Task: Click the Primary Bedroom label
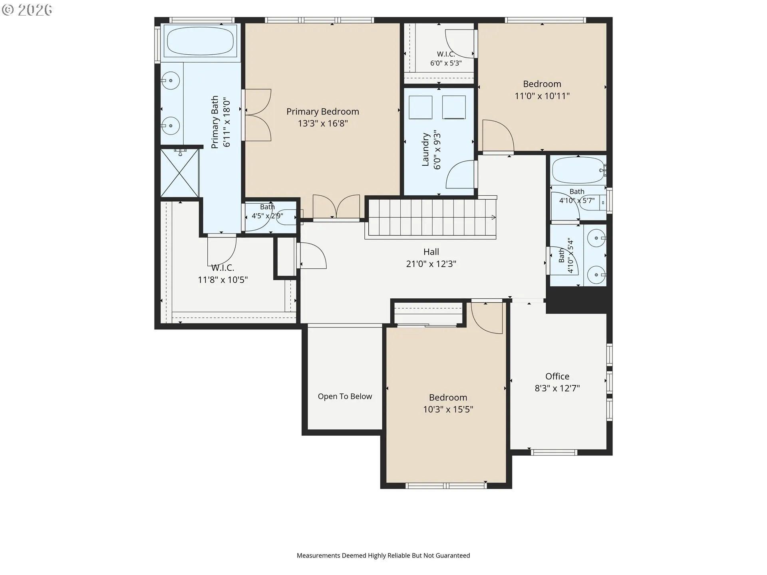pyautogui.click(x=323, y=112)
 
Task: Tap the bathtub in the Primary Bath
pyautogui.click(x=200, y=41)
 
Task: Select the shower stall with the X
pyautogui.click(x=179, y=172)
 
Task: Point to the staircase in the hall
pyautogui.click(x=431, y=218)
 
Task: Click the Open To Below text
pyautogui.click(x=345, y=397)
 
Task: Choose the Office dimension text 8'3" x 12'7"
pyautogui.click(x=557, y=388)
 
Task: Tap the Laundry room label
pyautogui.click(x=425, y=149)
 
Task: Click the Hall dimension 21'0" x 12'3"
pyautogui.click(x=431, y=264)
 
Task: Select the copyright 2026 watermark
pyautogui.click(x=27, y=10)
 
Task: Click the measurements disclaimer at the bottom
pyautogui.click(x=383, y=555)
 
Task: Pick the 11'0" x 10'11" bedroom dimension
pyautogui.click(x=542, y=96)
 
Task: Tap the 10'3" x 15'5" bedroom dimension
pyautogui.click(x=448, y=409)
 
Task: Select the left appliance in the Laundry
pyautogui.click(x=420, y=107)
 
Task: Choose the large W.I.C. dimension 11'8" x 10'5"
pyautogui.click(x=223, y=280)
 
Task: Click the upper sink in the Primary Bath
pyautogui.click(x=171, y=81)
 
